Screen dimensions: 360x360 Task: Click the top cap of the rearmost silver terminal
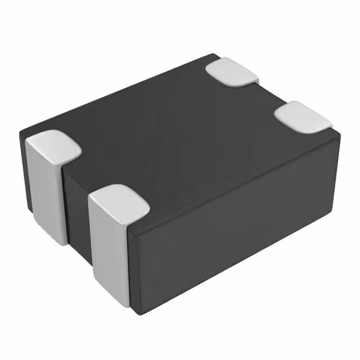coord(232,71)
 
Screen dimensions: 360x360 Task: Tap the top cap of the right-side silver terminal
coord(303,116)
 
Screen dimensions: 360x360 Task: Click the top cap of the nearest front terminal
coord(119,203)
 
